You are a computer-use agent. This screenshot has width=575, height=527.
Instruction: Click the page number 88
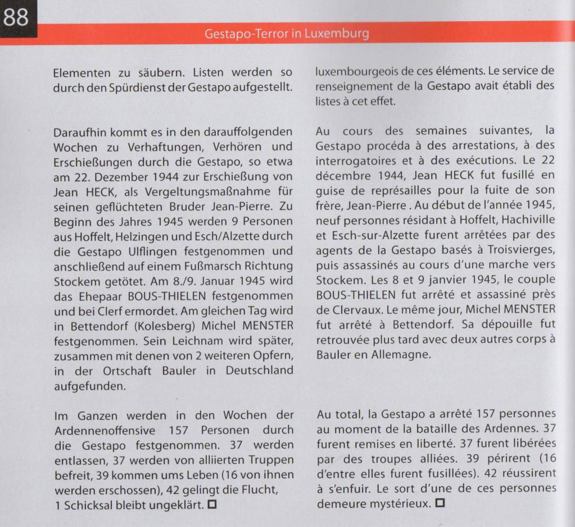tap(16, 17)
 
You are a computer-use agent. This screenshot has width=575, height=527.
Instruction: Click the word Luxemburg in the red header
tap(337, 33)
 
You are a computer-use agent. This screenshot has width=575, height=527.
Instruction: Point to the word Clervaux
tap(343, 309)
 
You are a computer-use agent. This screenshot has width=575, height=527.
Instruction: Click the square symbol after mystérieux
tap(440, 503)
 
